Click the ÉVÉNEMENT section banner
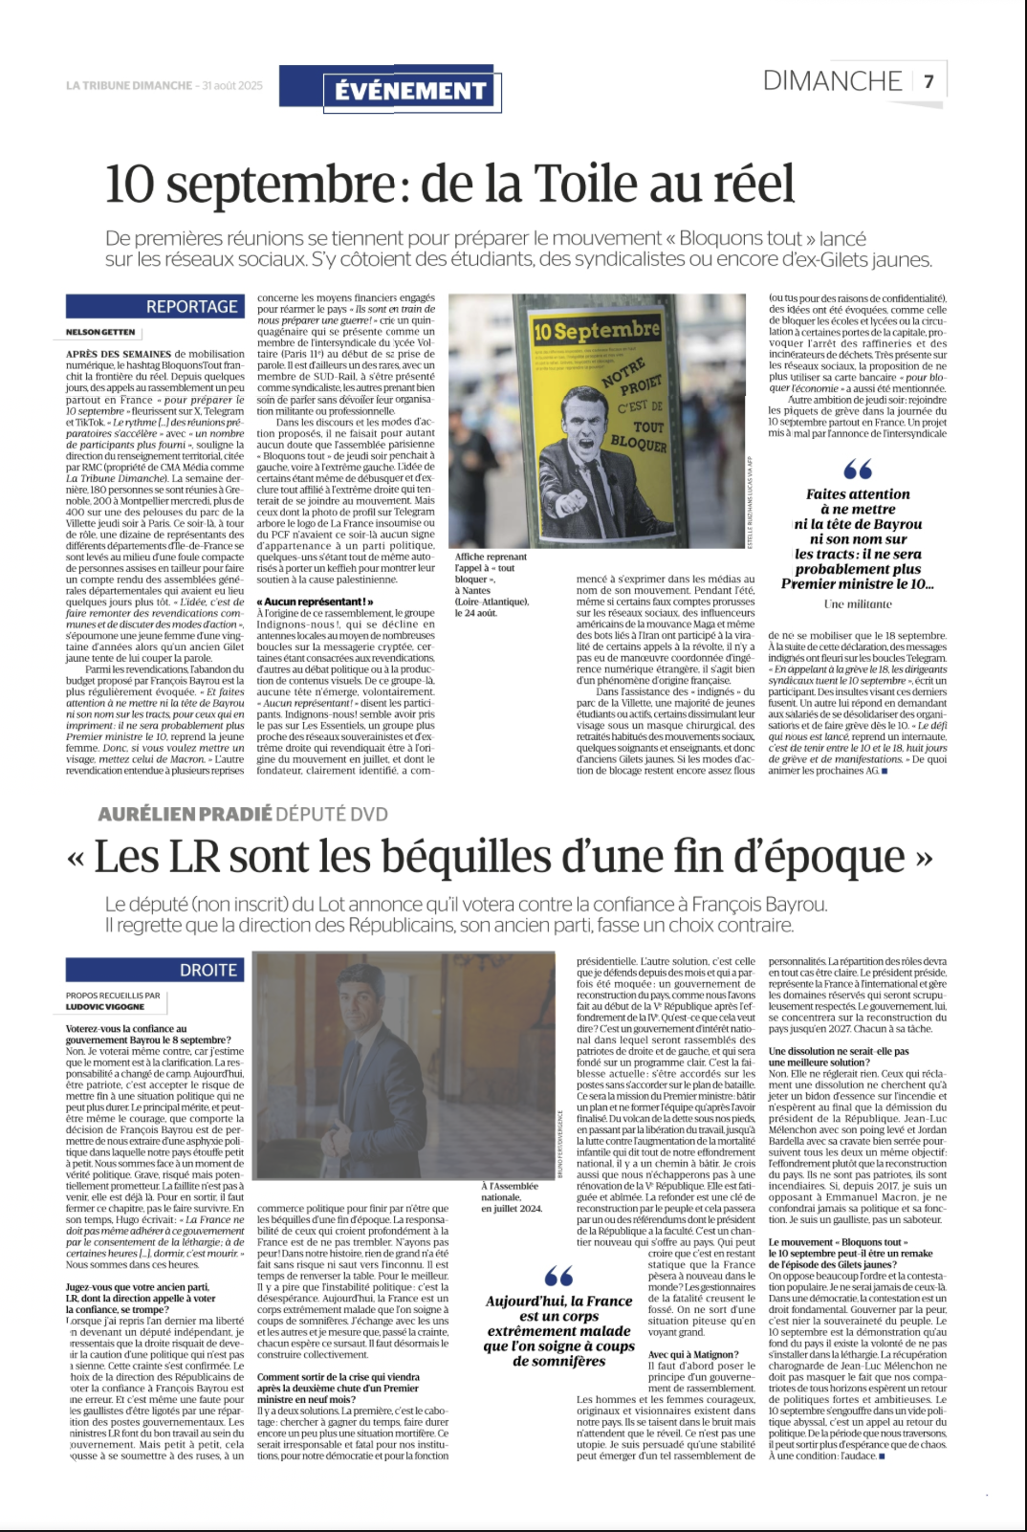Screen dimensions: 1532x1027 tap(410, 91)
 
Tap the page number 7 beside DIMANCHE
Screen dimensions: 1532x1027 tap(929, 81)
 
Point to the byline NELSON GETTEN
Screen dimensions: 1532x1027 tap(100, 332)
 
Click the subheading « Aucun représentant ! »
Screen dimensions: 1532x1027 tap(315, 602)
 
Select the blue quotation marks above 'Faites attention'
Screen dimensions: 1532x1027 tap(858, 470)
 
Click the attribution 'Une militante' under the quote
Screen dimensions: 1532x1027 tap(858, 604)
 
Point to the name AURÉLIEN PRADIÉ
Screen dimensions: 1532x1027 tap(185, 814)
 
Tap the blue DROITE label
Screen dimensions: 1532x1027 tap(208, 970)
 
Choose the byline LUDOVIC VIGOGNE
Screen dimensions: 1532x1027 tap(105, 1007)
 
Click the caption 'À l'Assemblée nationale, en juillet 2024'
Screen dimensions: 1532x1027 tap(511, 1196)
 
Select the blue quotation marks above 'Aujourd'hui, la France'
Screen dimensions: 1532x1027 tap(558, 1276)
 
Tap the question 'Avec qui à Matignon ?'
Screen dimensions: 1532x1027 tap(693, 1354)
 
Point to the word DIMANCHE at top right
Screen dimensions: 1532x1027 tap(832, 81)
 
